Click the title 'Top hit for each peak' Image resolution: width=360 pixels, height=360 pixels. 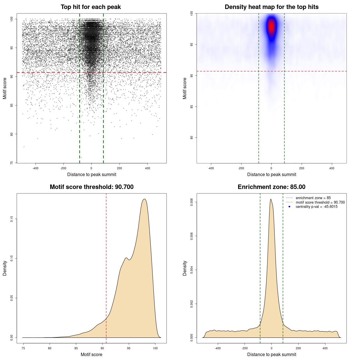point(91,7)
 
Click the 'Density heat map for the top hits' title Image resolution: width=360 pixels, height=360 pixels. point(271,7)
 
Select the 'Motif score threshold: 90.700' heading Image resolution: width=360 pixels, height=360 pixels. point(91,187)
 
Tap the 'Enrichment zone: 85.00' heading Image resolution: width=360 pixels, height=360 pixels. point(271,187)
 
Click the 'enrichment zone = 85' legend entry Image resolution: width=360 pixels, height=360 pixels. point(313,198)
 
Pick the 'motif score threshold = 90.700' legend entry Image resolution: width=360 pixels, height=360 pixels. point(320,202)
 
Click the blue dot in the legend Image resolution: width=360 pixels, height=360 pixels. point(289,207)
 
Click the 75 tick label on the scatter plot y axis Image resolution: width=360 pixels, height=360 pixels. point(12,163)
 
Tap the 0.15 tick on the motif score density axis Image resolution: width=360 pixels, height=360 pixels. point(12,219)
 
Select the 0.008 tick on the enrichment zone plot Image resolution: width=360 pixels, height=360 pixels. point(192,202)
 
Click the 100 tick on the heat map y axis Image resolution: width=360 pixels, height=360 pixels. point(192,13)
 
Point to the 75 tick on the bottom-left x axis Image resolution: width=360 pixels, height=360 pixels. point(23,348)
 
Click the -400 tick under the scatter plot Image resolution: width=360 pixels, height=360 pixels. point(35,168)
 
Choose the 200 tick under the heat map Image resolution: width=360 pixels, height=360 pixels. point(302,168)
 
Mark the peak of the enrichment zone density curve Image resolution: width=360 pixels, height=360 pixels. point(271,199)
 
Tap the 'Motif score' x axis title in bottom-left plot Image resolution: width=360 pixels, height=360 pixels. point(91,354)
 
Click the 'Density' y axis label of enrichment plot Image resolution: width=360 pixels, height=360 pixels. point(185,268)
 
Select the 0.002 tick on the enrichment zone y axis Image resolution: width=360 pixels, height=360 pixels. point(192,304)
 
